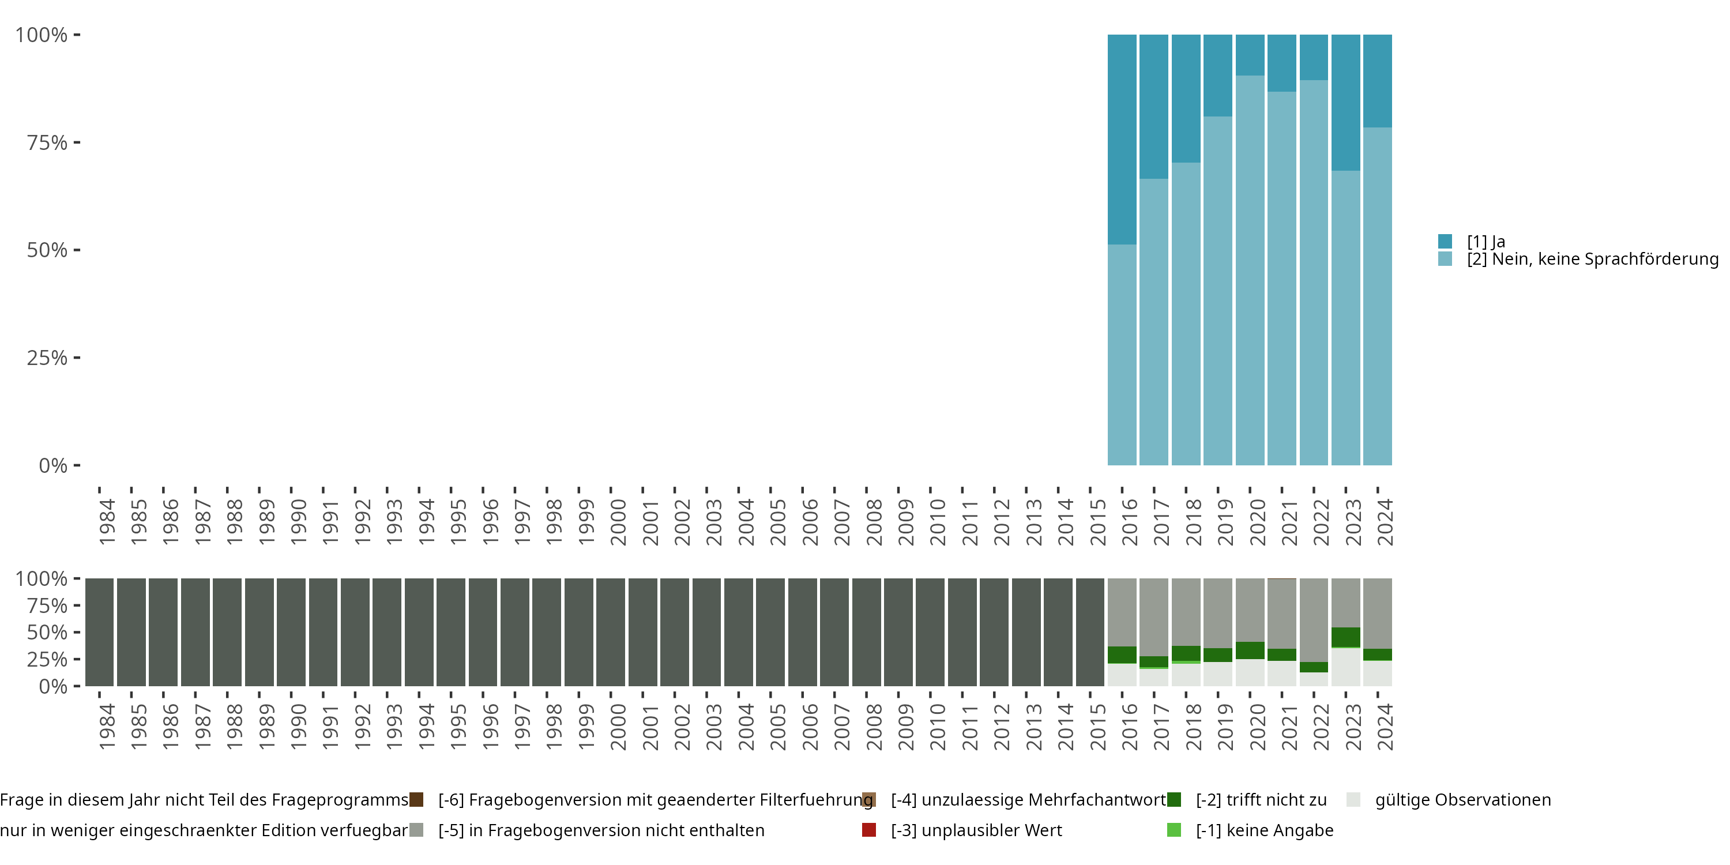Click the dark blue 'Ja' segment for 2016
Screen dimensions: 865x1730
click(1122, 139)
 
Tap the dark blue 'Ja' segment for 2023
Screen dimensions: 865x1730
click(1345, 102)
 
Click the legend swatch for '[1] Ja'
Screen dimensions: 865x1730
click(1445, 241)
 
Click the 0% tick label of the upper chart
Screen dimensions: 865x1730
click(52, 465)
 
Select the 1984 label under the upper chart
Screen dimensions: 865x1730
click(107, 522)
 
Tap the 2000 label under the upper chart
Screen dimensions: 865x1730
click(618, 522)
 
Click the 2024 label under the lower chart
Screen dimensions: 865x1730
click(1385, 727)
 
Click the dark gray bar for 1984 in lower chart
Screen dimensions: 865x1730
click(99, 632)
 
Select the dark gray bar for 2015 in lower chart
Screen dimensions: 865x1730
click(1090, 632)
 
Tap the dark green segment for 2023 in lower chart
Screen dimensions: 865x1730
click(1345, 637)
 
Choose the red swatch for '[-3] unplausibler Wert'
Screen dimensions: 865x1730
click(869, 830)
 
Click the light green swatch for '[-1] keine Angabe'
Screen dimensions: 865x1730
click(1174, 830)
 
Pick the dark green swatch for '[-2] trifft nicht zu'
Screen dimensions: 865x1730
click(1174, 800)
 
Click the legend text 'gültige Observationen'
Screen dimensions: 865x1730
click(1462, 800)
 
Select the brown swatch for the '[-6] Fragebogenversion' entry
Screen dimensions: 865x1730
click(416, 800)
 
